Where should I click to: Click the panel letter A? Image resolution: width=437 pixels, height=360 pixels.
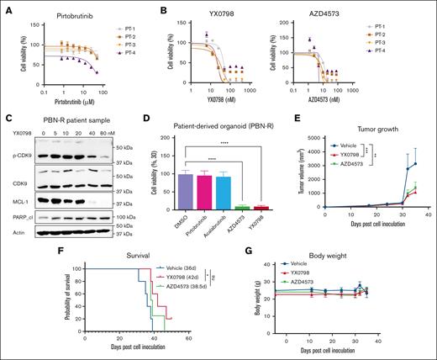(6, 6)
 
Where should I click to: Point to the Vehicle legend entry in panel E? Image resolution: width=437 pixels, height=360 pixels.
(350, 144)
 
